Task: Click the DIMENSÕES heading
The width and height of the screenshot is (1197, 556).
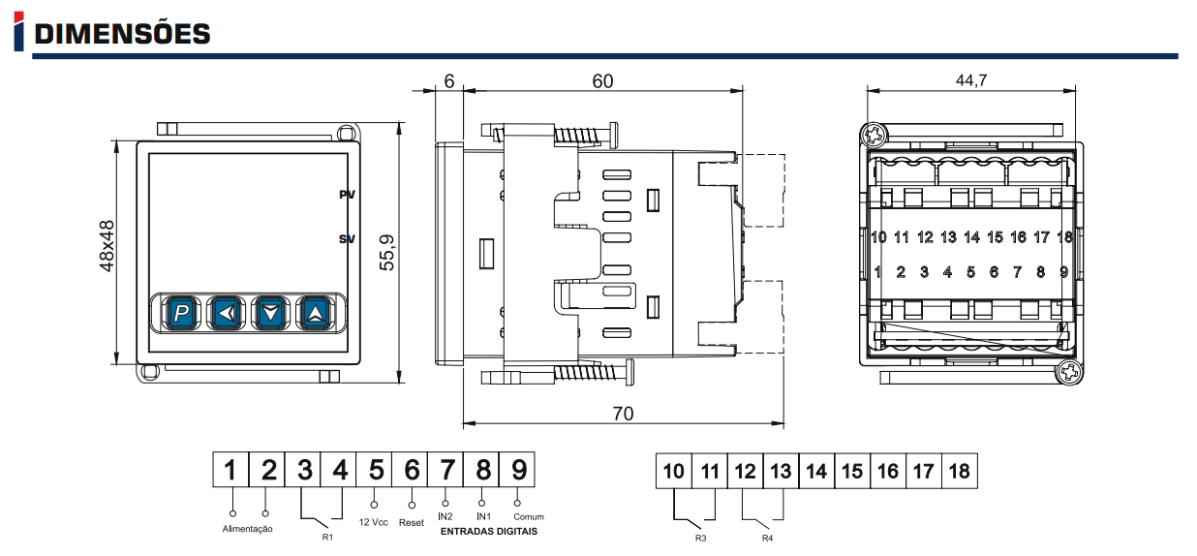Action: point(122,34)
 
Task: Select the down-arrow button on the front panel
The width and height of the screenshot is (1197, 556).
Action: point(270,313)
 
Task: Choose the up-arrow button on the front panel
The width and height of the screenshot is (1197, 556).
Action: point(315,313)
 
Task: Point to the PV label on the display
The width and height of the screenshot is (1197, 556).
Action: point(347,195)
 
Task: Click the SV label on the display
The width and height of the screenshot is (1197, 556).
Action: point(347,239)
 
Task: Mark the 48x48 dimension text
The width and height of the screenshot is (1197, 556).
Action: point(107,246)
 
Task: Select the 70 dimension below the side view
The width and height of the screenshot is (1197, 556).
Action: point(623,414)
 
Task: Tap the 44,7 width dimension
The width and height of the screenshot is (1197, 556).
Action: point(970,81)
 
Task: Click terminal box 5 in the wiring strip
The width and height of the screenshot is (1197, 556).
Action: point(376,471)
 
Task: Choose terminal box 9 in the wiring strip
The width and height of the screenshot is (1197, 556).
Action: point(519,471)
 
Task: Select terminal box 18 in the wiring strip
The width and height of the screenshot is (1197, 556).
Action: point(959,472)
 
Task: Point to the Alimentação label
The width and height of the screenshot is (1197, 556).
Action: point(248,529)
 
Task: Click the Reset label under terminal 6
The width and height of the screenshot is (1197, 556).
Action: point(412,522)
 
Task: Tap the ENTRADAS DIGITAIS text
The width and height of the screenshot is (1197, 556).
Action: point(489,532)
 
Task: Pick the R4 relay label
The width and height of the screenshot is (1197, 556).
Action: point(767,538)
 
